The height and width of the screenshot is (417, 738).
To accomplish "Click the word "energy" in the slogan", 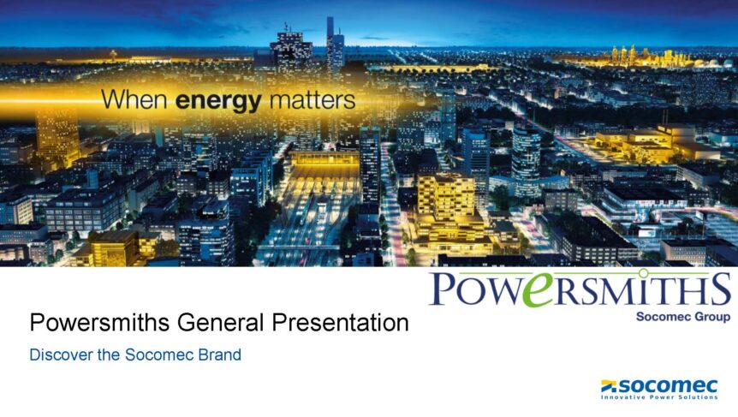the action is click(x=218, y=101).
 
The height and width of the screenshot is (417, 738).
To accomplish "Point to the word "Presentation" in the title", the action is click(x=340, y=323).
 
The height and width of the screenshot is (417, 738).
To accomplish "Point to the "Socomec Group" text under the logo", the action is click(x=683, y=317).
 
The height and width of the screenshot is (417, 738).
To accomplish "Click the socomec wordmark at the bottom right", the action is click(x=668, y=386).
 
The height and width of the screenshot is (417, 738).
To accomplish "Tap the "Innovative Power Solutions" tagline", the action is click(x=659, y=397).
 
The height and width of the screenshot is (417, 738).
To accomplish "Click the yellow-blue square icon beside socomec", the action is click(x=609, y=386).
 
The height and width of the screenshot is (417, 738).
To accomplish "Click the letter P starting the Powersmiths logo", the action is click(x=443, y=289).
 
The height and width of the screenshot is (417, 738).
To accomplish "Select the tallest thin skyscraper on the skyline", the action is click(x=330, y=41).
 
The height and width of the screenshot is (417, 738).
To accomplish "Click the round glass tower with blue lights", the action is click(x=526, y=162).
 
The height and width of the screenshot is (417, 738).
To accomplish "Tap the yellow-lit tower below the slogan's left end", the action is click(x=57, y=136).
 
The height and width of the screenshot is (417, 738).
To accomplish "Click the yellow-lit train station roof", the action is click(x=324, y=158).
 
